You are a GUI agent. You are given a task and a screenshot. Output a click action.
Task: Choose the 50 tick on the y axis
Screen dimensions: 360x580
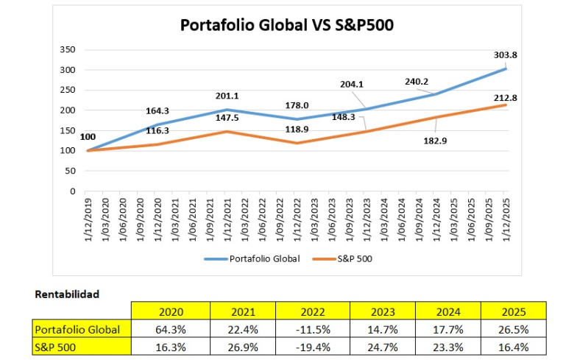pos(70,171)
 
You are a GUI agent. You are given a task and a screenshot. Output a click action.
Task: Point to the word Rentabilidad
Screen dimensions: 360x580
pos(67,294)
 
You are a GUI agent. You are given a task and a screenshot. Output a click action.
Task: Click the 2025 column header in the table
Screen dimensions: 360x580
pos(512,311)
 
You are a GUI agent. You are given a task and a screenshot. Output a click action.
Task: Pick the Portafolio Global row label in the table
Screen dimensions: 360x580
pos(77,328)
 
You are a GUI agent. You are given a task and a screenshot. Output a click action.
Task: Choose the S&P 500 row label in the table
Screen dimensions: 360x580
pos(56,345)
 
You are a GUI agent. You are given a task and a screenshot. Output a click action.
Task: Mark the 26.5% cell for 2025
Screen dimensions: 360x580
pos(512,328)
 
